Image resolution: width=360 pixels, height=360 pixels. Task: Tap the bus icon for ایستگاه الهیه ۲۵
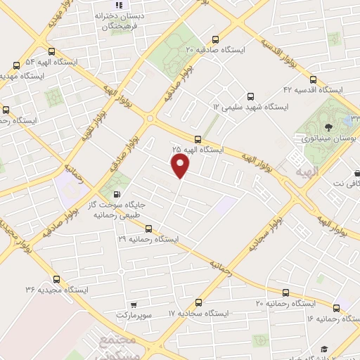click(198, 139)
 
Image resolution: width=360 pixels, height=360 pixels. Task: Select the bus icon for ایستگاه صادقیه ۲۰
click(213, 39)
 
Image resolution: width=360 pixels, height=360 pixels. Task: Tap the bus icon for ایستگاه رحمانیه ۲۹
click(148, 229)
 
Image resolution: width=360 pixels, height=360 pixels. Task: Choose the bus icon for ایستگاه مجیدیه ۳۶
click(56, 278)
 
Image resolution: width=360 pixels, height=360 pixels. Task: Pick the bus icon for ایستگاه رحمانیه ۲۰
click(285, 292)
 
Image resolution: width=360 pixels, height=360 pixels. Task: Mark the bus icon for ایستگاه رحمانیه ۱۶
click(337, 308)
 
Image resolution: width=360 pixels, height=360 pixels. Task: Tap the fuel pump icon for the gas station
click(116, 195)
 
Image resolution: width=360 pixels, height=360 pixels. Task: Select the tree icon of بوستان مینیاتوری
click(328, 127)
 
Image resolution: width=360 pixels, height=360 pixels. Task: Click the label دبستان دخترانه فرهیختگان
click(117, 21)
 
